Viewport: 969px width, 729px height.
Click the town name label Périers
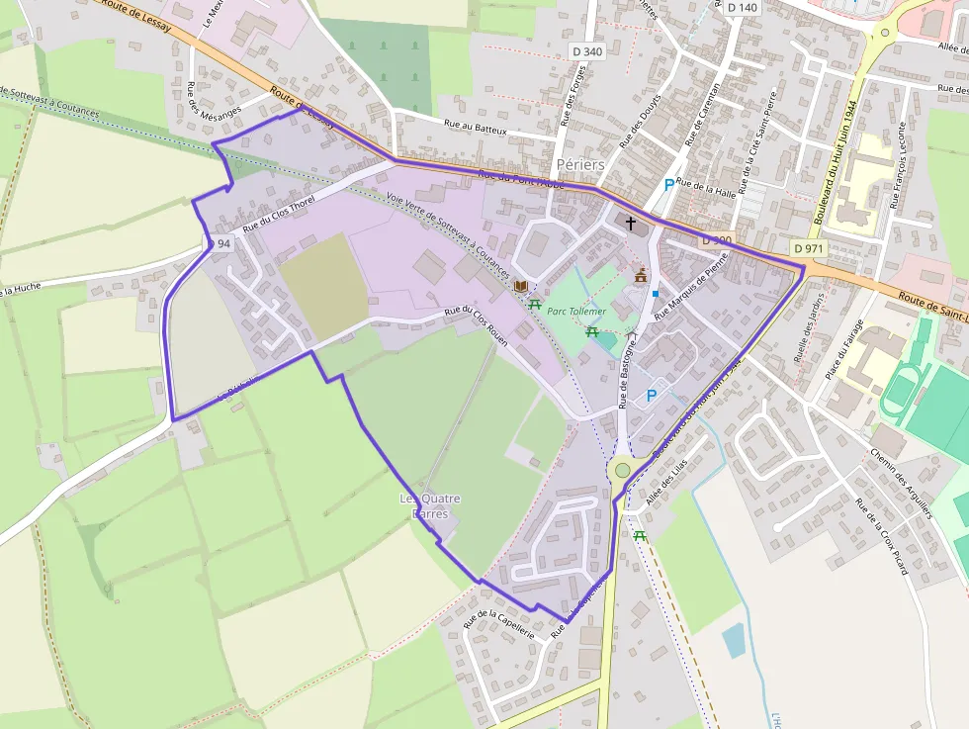point(580,163)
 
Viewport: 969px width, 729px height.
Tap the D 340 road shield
point(586,51)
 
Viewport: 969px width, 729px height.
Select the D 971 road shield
point(808,247)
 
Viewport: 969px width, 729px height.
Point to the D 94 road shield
point(219,243)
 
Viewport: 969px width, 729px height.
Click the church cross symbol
point(631,224)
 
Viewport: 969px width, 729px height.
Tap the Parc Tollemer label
point(575,310)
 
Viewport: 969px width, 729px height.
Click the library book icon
point(520,285)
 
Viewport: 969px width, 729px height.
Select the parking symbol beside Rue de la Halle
point(669,184)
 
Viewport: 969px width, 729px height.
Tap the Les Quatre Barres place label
point(429,505)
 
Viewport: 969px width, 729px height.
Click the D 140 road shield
point(742,8)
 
